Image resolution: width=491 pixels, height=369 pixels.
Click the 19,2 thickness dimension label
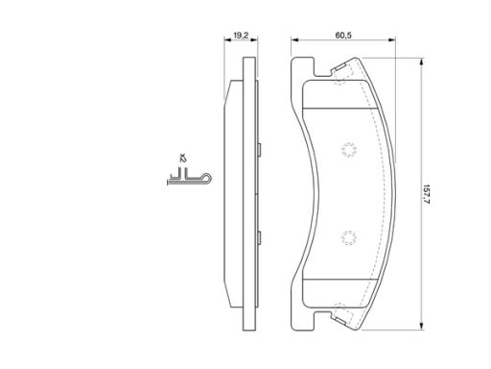pos(241,36)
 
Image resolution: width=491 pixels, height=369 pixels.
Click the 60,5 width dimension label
pos(343,36)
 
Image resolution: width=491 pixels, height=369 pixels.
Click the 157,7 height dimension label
pos(427,194)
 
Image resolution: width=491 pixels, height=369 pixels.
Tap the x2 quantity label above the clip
pos(183,158)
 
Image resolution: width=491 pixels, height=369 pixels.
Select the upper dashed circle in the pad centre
pos(349,150)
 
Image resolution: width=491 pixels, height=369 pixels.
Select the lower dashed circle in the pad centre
pos(349,238)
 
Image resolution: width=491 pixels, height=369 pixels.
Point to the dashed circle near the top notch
pos(339,80)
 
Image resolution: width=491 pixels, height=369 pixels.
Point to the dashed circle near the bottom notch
pos(339,308)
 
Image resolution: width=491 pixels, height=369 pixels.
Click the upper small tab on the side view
pos(259,150)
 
